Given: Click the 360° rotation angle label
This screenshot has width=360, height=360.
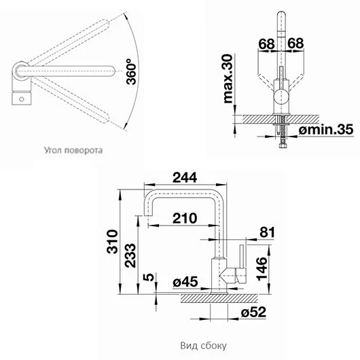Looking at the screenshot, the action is (x=131, y=71).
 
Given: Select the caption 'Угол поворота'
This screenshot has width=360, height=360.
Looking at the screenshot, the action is (x=73, y=150).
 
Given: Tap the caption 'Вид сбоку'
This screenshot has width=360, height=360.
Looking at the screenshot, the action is (x=203, y=346).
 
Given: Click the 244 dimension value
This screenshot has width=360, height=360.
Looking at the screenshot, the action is (x=185, y=177).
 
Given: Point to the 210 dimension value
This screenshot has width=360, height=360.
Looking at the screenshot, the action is (x=185, y=218).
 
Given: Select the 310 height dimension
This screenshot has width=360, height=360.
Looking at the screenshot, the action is (x=112, y=242).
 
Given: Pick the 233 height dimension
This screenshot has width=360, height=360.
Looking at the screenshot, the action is (x=130, y=255).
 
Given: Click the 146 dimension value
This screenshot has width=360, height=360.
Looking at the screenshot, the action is (x=262, y=268).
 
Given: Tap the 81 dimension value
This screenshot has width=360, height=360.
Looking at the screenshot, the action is (x=267, y=232).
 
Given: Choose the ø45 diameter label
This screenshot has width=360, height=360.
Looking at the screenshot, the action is (x=185, y=282).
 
